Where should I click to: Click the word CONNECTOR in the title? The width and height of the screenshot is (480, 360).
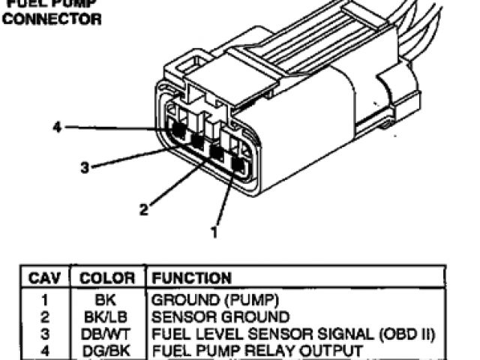[x=52, y=19]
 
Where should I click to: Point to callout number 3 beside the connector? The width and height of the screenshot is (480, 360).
[x=85, y=168]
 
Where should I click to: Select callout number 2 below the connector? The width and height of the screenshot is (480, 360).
[x=142, y=210]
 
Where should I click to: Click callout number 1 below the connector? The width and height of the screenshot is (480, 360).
[x=214, y=232]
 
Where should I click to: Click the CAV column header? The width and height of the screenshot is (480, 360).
[x=44, y=279]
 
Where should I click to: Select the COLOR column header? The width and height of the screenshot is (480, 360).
[x=107, y=279]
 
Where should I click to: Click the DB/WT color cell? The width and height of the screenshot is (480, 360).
[x=106, y=333]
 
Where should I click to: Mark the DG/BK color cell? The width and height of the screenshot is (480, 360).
[x=106, y=350]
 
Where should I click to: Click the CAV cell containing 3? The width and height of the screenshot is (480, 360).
[x=44, y=333]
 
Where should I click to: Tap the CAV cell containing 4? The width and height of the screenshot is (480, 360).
[x=44, y=350]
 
